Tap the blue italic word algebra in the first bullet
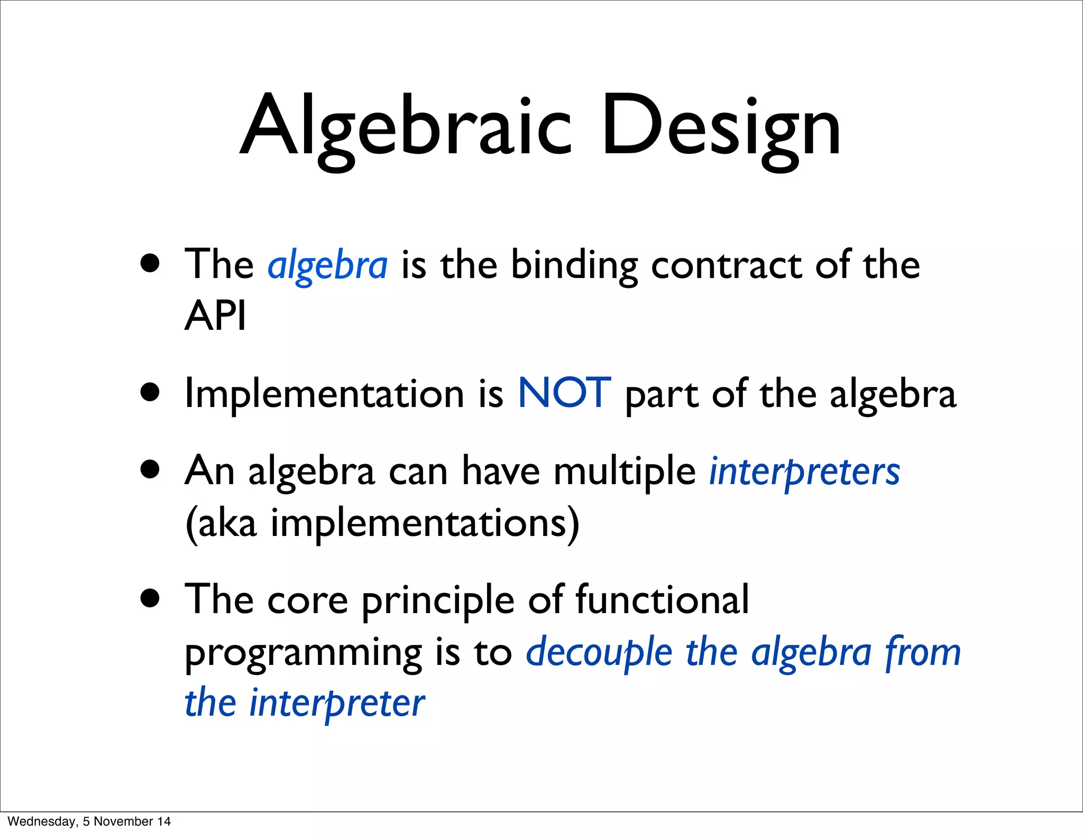328,265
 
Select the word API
215,316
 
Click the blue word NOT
564,393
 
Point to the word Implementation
324,394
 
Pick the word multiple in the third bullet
625,470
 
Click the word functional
662,600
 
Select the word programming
303,653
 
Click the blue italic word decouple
599,652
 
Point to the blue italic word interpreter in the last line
337,704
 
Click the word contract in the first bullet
727,265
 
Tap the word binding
574,265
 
